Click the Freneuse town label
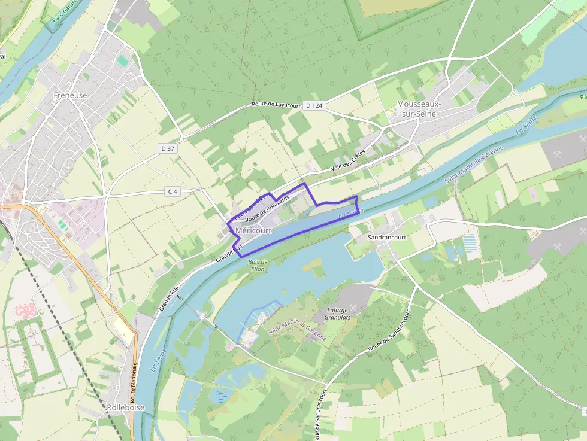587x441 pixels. coord(70,95)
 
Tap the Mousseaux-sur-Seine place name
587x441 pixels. coord(419,109)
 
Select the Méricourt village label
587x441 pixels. coord(253,230)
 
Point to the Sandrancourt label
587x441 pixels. coord(386,238)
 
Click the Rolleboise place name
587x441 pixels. coord(125,407)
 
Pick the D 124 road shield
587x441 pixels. coord(314,105)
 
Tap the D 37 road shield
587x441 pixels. coord(168,148)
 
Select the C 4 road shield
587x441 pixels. coord(173,191)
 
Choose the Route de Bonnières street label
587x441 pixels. coord(267,209)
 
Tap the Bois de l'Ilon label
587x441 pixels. coord(258,266)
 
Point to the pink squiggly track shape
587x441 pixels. coord(25,312)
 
